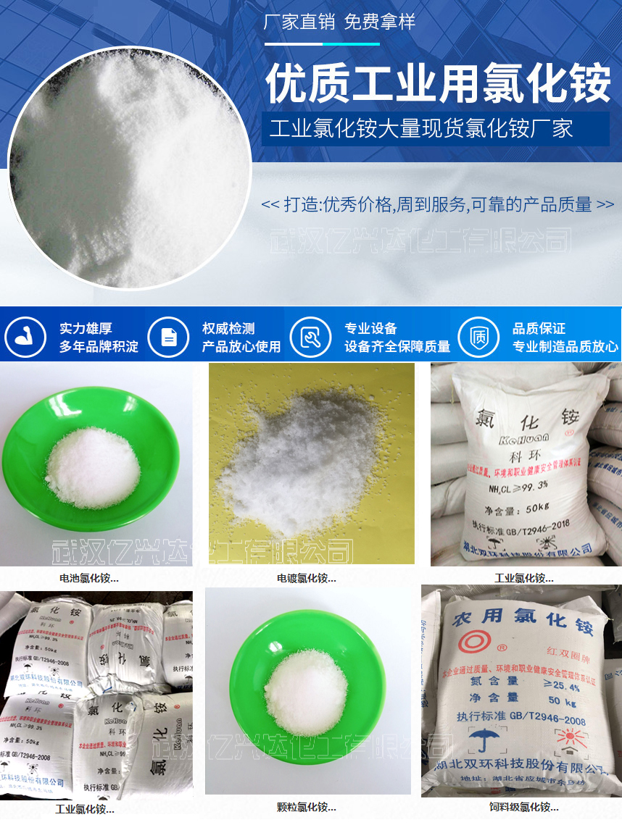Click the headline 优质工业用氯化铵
pyautogui.click(x=438, y=83)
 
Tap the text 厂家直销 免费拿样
pyautogui.click(x=339, y=22)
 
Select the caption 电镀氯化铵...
pyautogui.click(x=306, y=578)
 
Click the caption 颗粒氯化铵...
pyautogui.click(x=306, y=807)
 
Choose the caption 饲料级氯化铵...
pyautogui.click(x=523, y=807)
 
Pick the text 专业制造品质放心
pyautogui.click(x=565, y=347)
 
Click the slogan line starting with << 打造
pyautogui.click(x=437, y=205)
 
